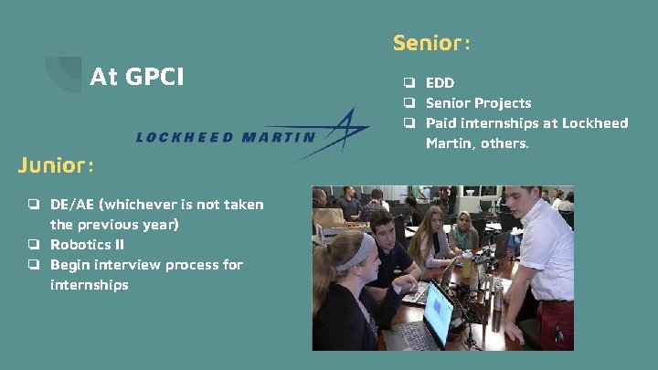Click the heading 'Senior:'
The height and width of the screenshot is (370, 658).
click(x=431, y=43)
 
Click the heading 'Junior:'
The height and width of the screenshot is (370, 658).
click(x=56, y=165)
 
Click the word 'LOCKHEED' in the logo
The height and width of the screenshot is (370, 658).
click(x=186, y=138)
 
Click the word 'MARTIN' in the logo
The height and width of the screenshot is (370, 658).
click(x=280, y=138)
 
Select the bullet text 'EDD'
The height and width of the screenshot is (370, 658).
click(x=440, y=83)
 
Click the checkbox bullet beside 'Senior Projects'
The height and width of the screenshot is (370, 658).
click(x=411, y=103)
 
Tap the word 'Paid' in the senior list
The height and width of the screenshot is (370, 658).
click(x=442, y=123)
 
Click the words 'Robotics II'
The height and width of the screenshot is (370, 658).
click(x=87, y=245)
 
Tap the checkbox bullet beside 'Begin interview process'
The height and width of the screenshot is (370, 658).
click(x=33, y=265)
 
